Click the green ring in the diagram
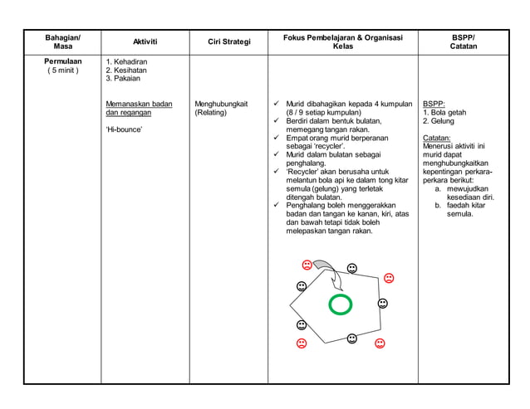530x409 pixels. tap(340, 304)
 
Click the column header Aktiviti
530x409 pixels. tap(145, 41)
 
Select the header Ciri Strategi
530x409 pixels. tap(228, 41)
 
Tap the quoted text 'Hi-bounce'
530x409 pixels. tap(124, 130)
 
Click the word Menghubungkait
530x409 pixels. tap(221, 104)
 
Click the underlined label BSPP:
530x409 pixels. tap(434, 104)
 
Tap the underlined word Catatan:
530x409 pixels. tap(437, 138)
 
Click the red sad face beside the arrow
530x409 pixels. tap(307, 265)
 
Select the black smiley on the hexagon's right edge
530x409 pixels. tap(382, 304)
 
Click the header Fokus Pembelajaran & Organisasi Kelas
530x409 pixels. tap(342, 41)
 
